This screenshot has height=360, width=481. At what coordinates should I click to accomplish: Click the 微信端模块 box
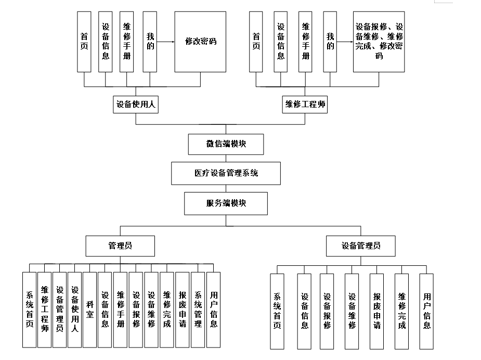coord(226,144)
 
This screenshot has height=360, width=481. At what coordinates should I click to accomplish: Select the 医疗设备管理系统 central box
coord(226,173)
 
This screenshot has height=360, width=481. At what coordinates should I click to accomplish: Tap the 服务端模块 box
coord(226,203)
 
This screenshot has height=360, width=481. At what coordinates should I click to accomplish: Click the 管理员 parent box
coord(120,246)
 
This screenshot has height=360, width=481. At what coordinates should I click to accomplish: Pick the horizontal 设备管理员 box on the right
coord(361,246)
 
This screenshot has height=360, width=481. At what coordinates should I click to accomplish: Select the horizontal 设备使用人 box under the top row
coord(136,105)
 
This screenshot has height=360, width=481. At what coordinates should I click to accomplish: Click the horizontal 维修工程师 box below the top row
coord(305,105)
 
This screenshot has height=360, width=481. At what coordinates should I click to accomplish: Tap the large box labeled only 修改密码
coord(200,42)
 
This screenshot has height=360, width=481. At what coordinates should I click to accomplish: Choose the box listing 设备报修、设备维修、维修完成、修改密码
coord(379,42)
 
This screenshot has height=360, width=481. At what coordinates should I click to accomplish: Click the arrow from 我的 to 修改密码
coord(165,42)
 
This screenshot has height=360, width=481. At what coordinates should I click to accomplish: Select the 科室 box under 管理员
coord(90,310)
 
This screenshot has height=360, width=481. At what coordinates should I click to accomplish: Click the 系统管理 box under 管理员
coord(198,310)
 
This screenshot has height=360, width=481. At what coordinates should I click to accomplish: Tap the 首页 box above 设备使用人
coord(84,42)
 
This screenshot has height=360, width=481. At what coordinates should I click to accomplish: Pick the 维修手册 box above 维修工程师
coord(305,42)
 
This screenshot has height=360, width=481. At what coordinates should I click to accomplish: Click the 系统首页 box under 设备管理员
coord(277,311)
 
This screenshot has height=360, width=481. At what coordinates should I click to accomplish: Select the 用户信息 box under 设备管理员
coord(426,311)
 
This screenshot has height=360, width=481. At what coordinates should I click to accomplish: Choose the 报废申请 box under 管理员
coord(183,310)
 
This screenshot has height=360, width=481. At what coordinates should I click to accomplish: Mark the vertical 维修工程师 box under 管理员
coord(45,310)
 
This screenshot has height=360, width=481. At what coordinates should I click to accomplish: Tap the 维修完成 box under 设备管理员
coord(401,311)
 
